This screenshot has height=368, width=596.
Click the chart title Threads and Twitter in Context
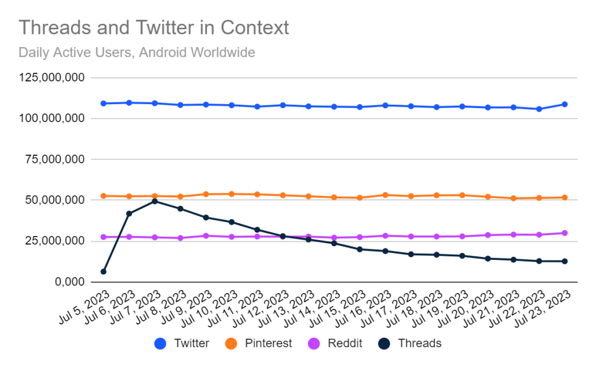(x=154, y=27)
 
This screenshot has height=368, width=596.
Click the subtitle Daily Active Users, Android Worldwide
(x=137, y=52)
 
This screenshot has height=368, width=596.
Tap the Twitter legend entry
(x=182, y=344)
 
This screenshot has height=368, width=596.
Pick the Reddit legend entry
(x=336, y=344)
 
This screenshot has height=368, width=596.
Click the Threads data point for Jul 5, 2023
(x=104, y=271)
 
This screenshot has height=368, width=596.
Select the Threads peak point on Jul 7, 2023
(x=155, y=201)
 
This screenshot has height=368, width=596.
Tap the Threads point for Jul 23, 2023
(x=565, y=261)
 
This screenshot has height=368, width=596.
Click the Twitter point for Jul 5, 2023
(x=104, y=103)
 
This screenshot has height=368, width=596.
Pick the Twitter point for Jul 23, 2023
(x=565, y=104)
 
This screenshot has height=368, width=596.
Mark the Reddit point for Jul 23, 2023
(x=565, y=233)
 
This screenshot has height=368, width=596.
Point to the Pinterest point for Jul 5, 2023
(x=104, y=196)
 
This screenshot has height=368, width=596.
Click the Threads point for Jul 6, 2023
(x=129, y=213)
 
